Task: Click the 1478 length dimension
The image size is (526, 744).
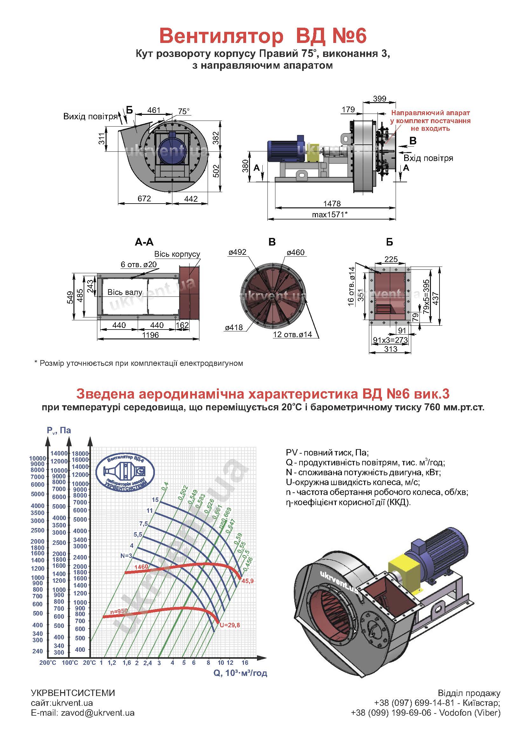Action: click(332, 204)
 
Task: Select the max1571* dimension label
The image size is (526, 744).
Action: click(330, 214)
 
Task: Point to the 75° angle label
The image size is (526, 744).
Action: click(183, 111)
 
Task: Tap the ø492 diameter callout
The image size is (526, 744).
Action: click(238, 252)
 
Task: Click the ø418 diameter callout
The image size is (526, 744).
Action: click(234, 327)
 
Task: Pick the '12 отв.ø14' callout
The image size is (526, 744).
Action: click(293, 334)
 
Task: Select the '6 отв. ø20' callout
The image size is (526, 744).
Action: click(139, 264)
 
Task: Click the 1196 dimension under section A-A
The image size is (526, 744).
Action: click(150, 335)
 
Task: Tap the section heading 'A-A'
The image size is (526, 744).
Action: click(144, 242)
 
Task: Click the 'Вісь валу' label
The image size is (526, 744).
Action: click(125, 292)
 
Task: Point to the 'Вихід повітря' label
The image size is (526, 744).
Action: click(90, 117)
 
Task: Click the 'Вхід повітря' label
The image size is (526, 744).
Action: click(428, 158)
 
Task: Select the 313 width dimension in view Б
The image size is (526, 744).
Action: click(391, 349)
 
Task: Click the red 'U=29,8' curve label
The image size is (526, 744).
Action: click(230, 625)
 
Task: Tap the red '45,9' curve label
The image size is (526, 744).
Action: click(247, 581)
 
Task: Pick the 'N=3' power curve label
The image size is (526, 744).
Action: click(126, 556)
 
